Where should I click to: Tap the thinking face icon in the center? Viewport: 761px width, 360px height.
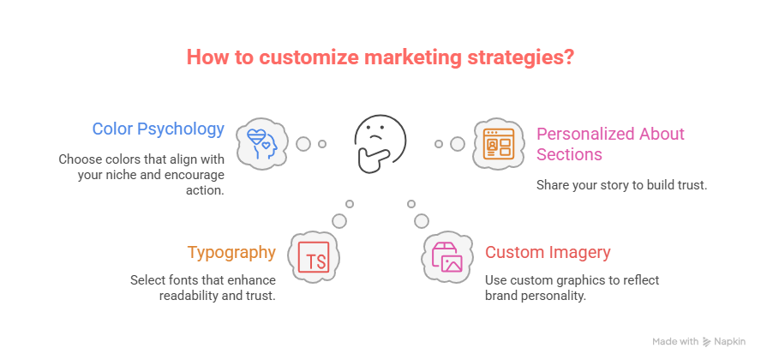tap(380, 142)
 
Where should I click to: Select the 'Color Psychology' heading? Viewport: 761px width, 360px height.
tap(159, 129)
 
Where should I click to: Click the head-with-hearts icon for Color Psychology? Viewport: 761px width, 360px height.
tap(261, 142)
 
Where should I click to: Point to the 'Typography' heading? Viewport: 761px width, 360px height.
tap(231, 253)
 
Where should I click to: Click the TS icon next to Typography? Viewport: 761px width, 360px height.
tap(315, 256)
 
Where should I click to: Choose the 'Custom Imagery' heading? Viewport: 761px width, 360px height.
tap(548, 253)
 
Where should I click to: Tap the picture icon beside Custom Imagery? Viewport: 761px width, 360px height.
tap(446, 256)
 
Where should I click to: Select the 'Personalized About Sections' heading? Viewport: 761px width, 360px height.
tap(610, 144)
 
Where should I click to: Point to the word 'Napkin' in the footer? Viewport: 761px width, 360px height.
tap(731, 341)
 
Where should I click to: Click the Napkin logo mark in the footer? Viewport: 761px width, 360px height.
tap(707, 341)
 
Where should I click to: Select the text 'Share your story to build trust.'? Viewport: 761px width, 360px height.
tap(621, 184)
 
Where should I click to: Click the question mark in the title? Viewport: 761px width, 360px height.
tap(568, 58)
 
